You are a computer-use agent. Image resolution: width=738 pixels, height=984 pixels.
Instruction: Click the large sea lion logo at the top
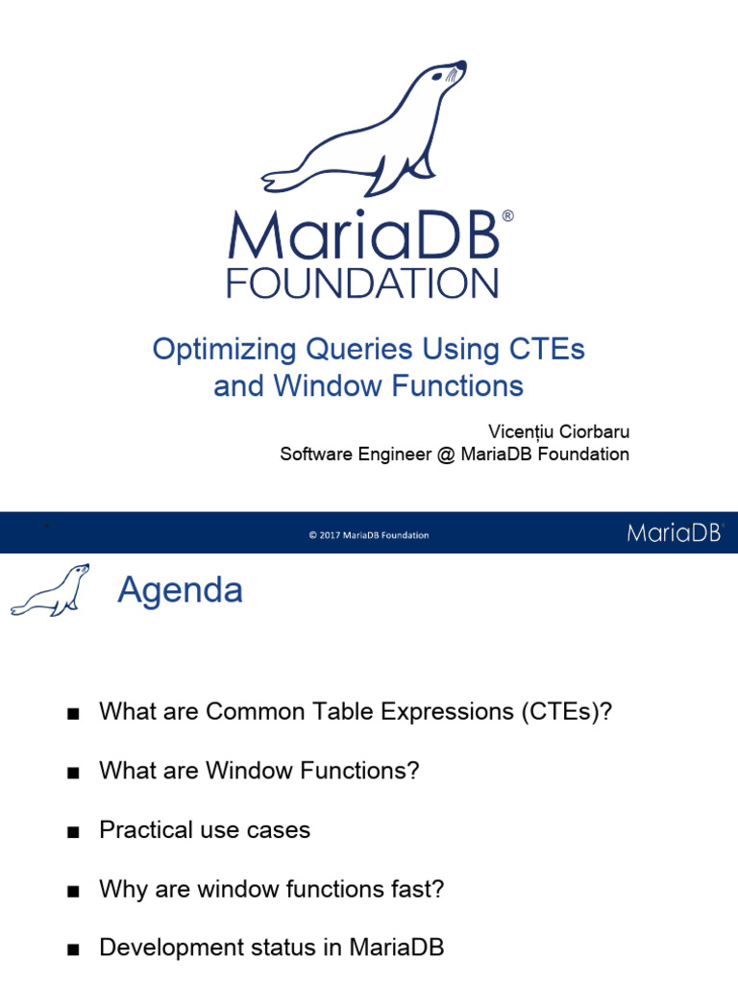365,130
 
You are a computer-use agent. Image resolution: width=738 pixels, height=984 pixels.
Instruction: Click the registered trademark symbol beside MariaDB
507,217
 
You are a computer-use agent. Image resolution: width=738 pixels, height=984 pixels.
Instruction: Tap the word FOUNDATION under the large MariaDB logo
362,283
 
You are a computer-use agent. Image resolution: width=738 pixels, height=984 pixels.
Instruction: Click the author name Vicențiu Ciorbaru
558,431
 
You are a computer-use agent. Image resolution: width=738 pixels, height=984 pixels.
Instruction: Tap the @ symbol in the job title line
444,455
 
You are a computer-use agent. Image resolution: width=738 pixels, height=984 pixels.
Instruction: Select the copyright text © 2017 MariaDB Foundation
369,535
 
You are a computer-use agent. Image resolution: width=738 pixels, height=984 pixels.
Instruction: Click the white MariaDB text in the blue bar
674,533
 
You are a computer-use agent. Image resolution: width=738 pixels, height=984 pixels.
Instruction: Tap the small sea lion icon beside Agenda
50,590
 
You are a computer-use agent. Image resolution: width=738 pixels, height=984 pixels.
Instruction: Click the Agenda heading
180,590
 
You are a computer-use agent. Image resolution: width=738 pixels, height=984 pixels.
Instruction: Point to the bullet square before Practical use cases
71,832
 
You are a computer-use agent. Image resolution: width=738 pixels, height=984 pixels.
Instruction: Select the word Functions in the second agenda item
368,771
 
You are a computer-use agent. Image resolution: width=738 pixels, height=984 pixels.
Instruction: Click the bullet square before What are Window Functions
71,774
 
